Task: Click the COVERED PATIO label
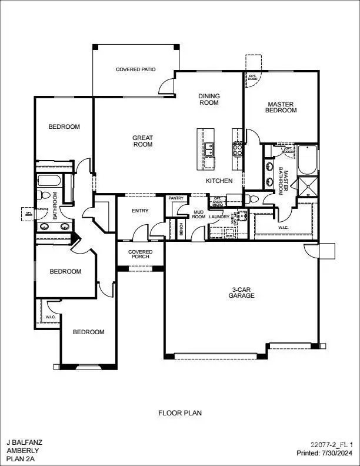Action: (135, 69)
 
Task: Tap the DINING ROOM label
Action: (208, 99)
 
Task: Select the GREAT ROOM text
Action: (142, 141)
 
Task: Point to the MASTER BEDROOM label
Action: (281, 108)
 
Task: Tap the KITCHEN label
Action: (219, 181)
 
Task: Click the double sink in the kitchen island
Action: (209, 149)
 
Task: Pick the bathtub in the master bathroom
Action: (308, 160)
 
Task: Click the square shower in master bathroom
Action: (308, 187)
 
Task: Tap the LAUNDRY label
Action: (219, 217)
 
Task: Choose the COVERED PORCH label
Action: (141, 255)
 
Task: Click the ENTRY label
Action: (140, 211)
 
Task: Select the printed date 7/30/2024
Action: (337, 453)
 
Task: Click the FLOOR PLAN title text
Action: (179, 413)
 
